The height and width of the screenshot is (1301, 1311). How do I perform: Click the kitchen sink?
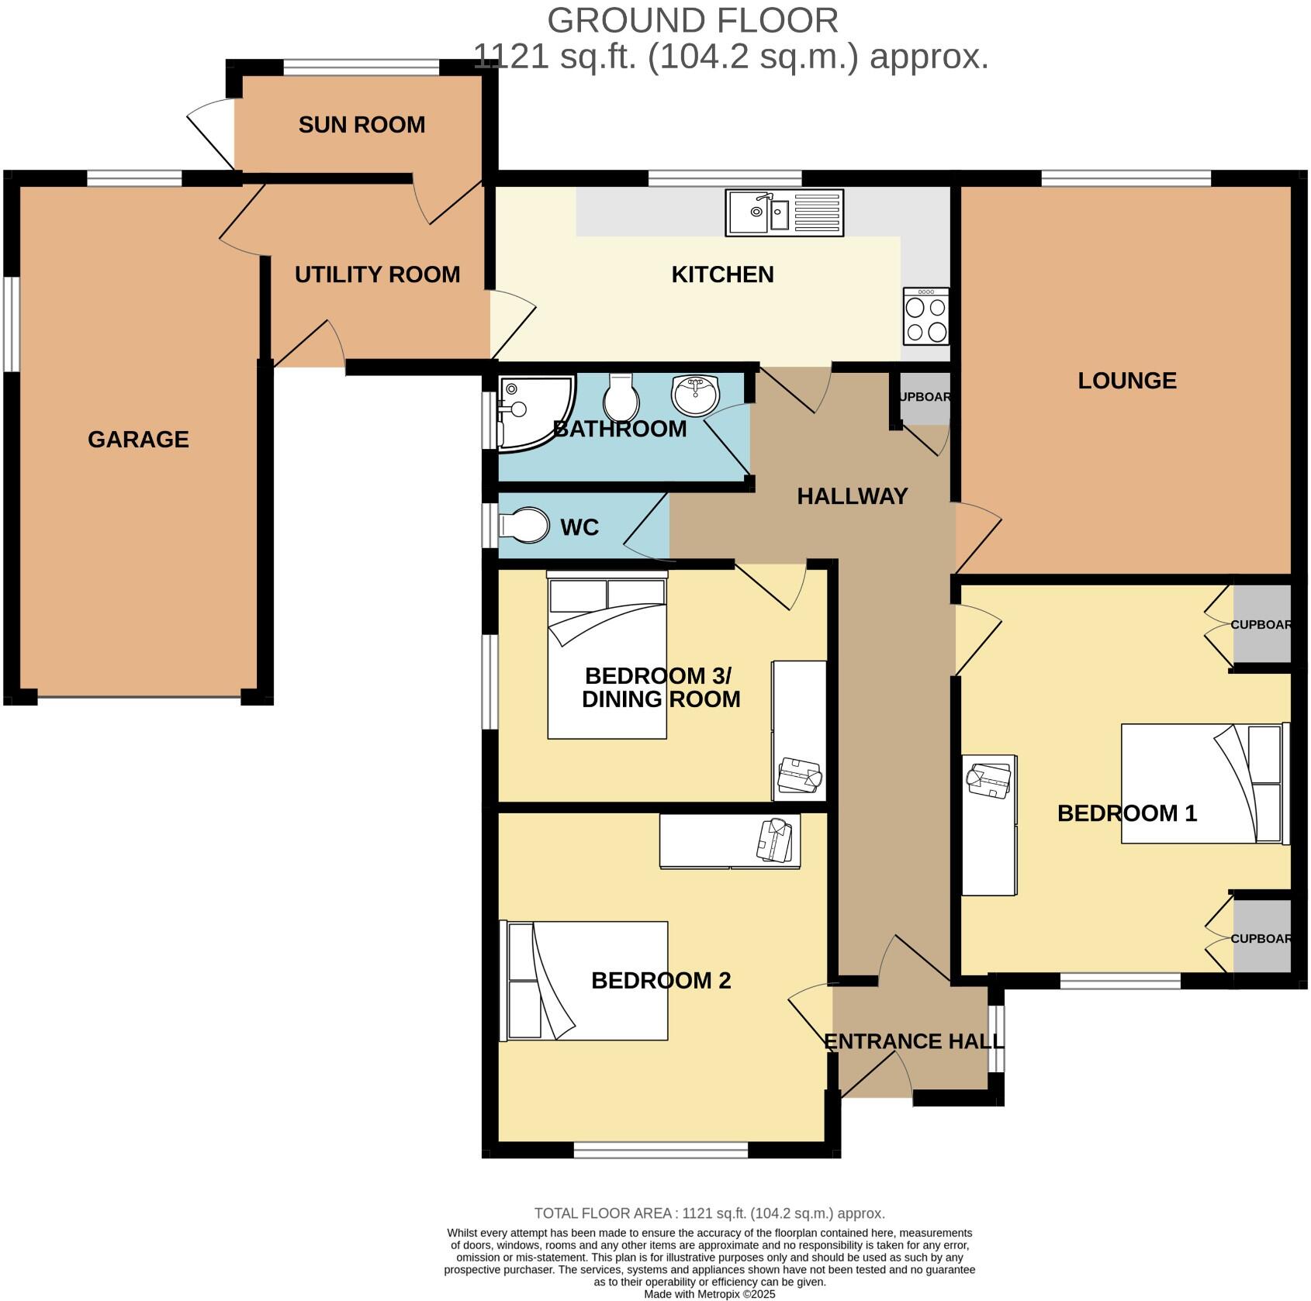point(784,212)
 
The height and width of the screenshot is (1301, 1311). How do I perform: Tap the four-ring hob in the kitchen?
point(926,316)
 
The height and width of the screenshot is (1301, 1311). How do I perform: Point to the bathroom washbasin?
point(697,395)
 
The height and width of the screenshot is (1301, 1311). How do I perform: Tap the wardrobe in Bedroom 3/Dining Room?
point(798,730)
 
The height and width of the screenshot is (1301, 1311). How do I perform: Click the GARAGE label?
point(138,440)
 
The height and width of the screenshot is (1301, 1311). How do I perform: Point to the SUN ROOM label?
point(361,125)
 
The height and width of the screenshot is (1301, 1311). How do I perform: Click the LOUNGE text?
point(1126,381)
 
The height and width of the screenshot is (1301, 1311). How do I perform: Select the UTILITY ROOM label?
point(377,274)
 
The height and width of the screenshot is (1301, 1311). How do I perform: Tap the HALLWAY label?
point(852,496)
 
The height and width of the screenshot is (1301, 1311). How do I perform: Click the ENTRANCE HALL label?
point(913,1041)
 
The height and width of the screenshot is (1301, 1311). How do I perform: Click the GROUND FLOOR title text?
point(692,21)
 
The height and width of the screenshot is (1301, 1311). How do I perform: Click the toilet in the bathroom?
point(621,396)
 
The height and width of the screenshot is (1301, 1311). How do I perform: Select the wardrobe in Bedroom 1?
point(989,824)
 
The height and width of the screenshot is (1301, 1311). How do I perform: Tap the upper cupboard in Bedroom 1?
point(1261,624)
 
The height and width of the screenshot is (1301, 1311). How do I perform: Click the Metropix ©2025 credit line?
point(709,1294)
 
